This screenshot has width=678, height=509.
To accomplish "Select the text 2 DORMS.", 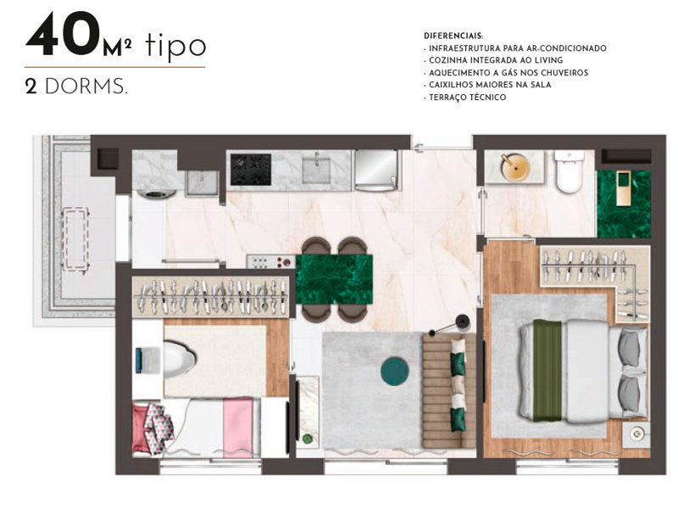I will pyautogui.click(x=76, y=87).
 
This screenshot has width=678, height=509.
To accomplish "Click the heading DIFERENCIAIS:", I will pyautogui.click(x=453, y=36).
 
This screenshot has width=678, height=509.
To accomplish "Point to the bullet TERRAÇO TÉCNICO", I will pyautogui.click(x=466, y=98).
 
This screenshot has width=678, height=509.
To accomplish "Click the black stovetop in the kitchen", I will pyautogui.click(x=250, y=168).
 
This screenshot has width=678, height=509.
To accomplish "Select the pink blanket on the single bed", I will pyautogui.click(x=238, y=427).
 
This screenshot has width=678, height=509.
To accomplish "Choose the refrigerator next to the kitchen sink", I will pyautogui.click(x=375, y=170).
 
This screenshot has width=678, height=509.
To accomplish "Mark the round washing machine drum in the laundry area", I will pyautogui.click(x=153, y=193).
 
